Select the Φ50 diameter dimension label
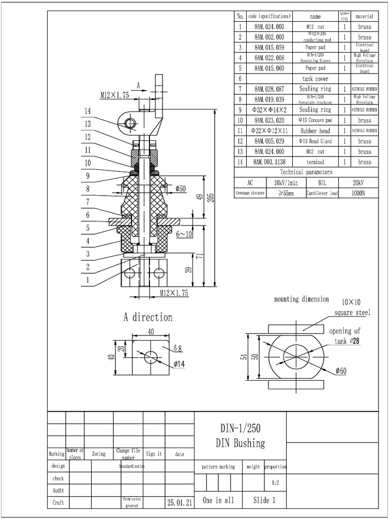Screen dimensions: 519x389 180,189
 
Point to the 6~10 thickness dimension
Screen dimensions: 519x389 184,235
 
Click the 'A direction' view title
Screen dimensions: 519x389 148,317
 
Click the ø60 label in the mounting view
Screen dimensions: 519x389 340,371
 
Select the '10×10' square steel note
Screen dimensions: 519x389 351,302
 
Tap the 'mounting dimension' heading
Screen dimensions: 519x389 301,300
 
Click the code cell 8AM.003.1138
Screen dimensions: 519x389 269,162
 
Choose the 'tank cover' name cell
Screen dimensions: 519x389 315,79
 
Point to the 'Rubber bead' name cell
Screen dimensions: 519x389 315,131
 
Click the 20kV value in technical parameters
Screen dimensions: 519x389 358,182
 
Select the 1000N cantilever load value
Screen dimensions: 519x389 358,193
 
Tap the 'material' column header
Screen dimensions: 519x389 365,16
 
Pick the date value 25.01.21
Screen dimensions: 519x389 179,502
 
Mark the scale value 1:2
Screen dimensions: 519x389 275,483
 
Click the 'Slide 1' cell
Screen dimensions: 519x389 264,500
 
